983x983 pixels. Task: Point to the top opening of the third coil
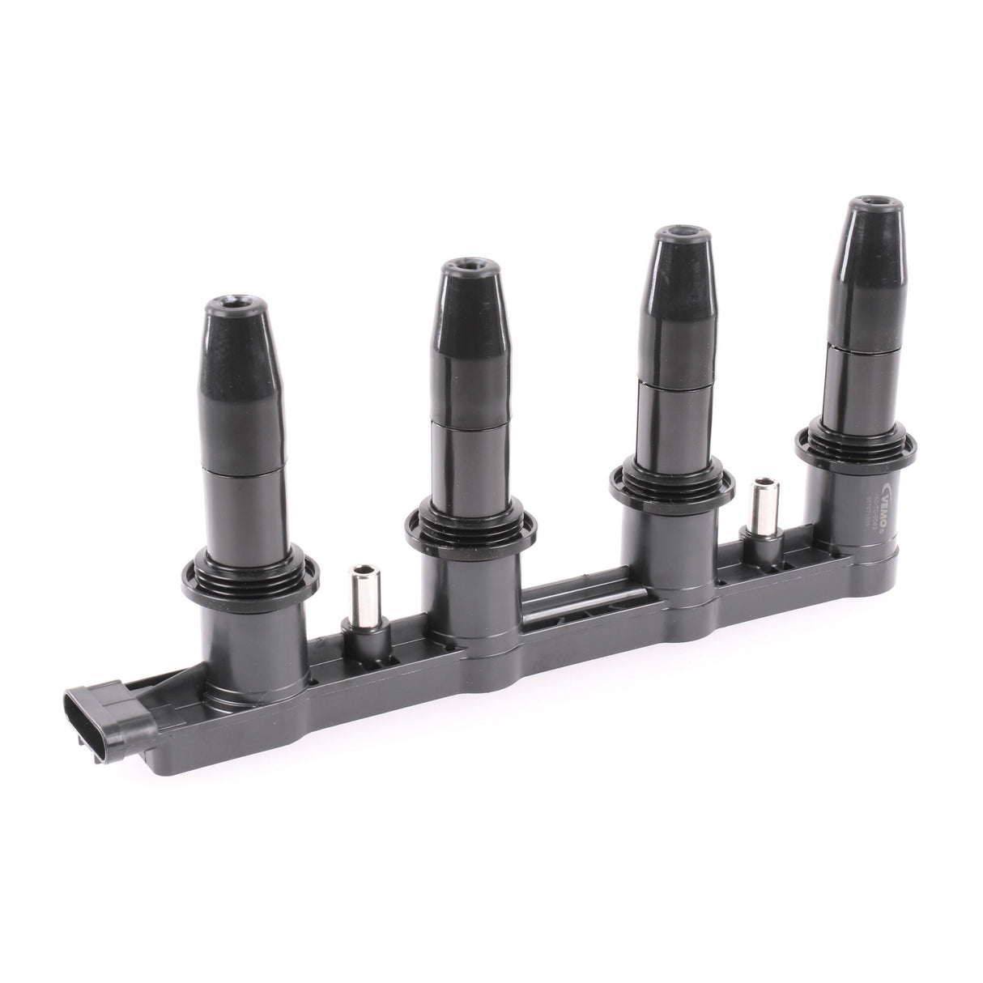(681, 236)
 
